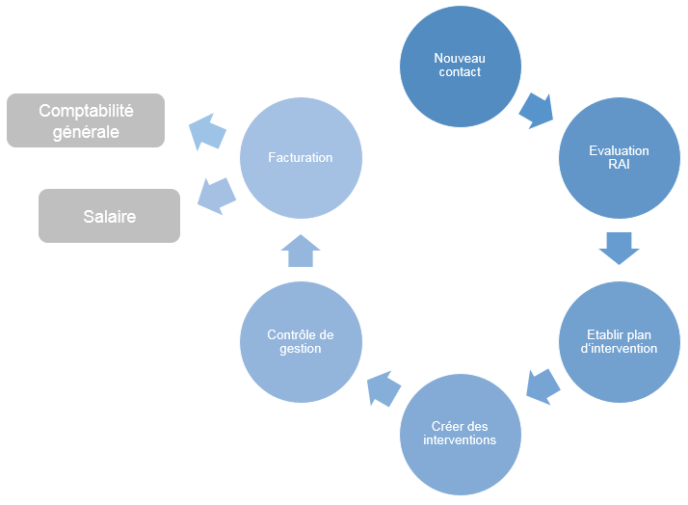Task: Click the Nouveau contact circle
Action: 461,66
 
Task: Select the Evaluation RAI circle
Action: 619,157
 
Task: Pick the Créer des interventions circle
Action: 461,433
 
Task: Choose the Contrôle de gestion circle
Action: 301,341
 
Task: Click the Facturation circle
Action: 301,157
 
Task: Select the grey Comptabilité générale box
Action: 86,120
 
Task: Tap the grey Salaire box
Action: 109,216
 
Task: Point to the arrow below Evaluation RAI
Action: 619,248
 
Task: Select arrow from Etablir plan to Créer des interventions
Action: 543,385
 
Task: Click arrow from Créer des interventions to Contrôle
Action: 384,389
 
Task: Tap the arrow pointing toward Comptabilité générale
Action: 207,131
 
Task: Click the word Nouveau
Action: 460,59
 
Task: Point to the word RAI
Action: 620,164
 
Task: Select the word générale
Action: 86,132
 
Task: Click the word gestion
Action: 301,348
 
